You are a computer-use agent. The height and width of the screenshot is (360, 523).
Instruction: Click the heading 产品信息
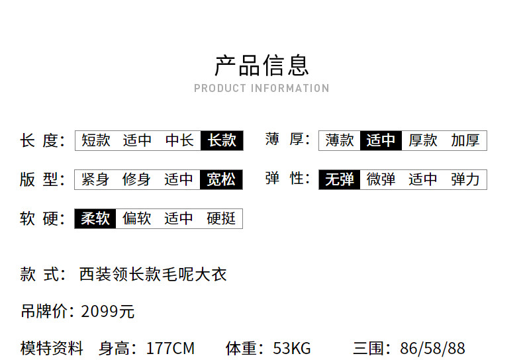pos(262,66)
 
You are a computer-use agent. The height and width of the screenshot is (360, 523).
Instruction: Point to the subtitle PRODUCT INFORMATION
pos(262,88)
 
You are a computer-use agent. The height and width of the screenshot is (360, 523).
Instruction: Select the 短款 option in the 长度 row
pos(96,140)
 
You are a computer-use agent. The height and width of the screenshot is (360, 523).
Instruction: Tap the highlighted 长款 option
pos(222,140)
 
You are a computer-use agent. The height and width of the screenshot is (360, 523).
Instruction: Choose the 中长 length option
pos(180,140)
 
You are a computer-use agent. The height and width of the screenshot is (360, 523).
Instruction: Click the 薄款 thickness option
pos(340,140)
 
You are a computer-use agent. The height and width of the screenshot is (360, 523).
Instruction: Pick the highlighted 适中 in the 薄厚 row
pos(381,140)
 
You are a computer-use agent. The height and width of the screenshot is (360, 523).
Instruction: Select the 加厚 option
pos(465,140)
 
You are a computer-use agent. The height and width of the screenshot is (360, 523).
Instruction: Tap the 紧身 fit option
pos(95,179)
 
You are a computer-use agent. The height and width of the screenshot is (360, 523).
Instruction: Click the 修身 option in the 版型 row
pos(136,179)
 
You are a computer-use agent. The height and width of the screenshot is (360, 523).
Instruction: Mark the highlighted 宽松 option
pos(221,179)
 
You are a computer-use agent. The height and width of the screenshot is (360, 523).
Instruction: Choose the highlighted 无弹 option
pos(340,179)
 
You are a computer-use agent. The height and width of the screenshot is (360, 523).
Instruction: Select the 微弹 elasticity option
pos(381,179)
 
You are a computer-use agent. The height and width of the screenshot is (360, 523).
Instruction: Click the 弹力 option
pos(465,179)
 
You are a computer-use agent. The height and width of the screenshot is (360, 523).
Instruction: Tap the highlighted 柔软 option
pos(95,218)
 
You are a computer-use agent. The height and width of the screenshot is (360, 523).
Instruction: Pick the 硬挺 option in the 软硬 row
pos(221,218)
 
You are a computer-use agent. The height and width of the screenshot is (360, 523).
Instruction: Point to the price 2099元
pos(108,312)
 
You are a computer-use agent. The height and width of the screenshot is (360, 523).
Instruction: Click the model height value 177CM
pos(170,348)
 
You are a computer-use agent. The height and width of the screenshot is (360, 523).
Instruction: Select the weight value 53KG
pos(292,348)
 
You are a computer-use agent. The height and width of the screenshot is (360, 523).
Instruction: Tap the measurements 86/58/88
pos(432,348)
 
